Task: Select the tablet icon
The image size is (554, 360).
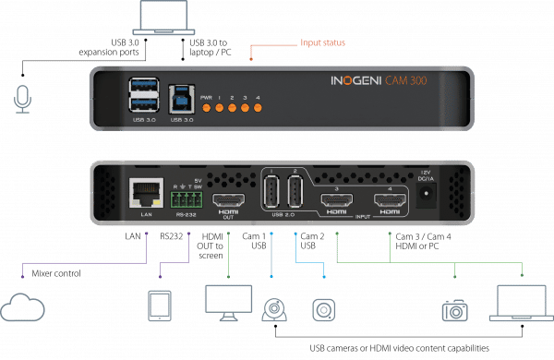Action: click(161, 306)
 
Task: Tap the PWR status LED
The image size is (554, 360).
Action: click(208, 108)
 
